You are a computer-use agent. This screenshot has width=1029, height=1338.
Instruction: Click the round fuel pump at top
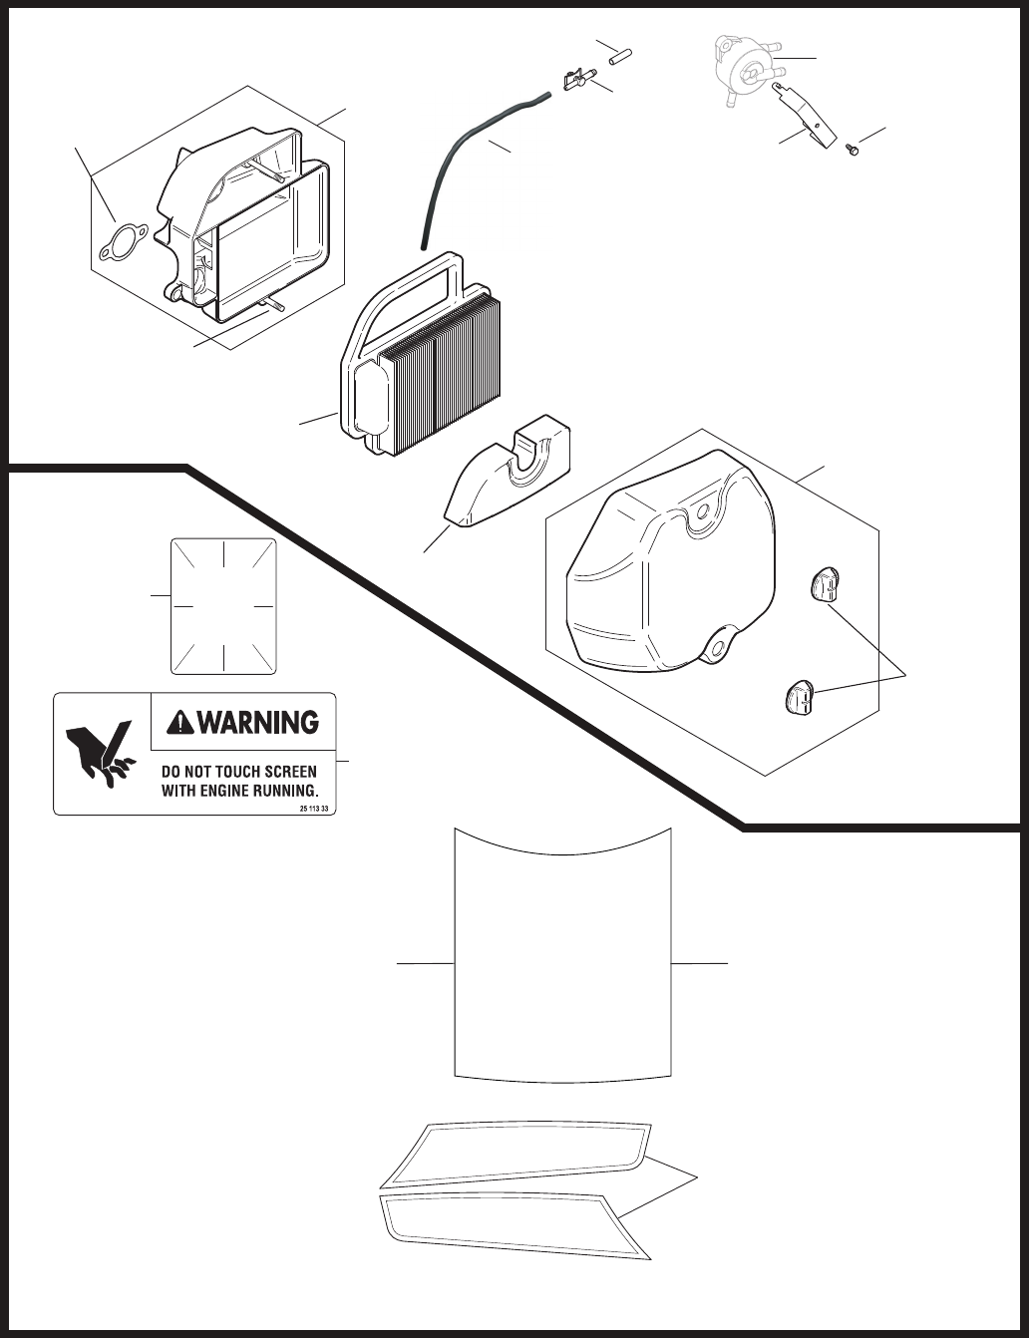point(747,66)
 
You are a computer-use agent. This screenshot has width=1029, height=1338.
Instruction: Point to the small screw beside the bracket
point(852,150)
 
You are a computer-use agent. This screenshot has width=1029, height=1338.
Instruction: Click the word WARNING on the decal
point(258,721)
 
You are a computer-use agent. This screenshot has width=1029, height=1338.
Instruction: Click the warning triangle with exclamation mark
point(181,721)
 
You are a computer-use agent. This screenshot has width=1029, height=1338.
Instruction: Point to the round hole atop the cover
point(705,510)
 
